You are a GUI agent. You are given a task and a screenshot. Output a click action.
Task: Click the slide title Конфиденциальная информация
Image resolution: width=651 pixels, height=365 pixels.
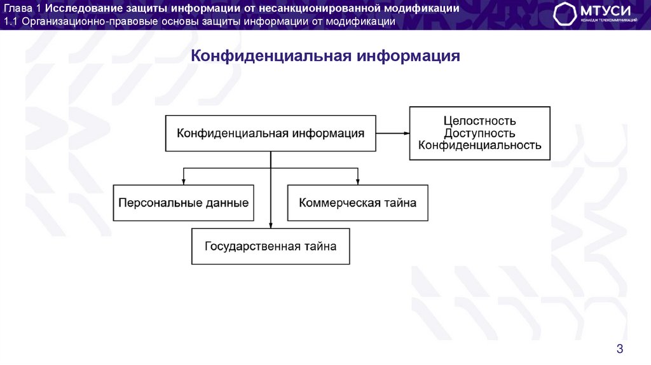[325, 57]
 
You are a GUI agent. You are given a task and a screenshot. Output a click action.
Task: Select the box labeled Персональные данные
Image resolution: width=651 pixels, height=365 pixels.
[183, 203]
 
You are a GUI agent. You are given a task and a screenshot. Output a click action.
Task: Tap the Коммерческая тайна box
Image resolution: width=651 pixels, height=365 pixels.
[358, 203]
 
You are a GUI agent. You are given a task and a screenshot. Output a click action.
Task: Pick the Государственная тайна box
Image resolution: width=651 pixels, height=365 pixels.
[270, 246]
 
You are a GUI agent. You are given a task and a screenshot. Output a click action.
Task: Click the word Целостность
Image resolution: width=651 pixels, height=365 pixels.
[479, 121]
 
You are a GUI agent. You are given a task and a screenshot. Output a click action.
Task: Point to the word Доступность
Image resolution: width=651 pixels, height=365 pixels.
[479, 133]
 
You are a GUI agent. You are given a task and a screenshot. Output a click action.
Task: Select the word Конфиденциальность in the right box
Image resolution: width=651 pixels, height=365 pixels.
[479, 145]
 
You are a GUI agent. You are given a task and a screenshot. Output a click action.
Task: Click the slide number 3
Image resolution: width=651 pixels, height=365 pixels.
[620, 348]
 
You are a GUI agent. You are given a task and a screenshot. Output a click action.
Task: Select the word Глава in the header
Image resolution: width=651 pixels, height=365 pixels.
[18, 8]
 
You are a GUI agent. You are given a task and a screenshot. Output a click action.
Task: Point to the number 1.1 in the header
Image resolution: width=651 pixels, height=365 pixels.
[11, 22]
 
